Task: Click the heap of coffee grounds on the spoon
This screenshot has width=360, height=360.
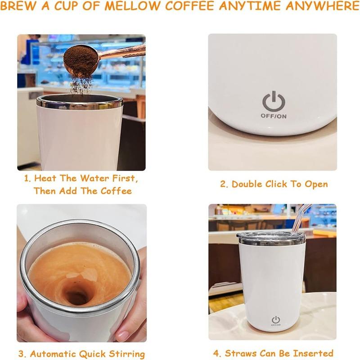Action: click(x=81, y=57)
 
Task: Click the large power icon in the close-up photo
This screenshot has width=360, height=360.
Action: click(x=274, y=101)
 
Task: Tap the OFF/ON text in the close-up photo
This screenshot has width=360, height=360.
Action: click(x=274, y=116)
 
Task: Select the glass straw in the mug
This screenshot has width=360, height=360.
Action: click(x=301, y=218)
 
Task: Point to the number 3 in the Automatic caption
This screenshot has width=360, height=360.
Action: click(x=21, y=354)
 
